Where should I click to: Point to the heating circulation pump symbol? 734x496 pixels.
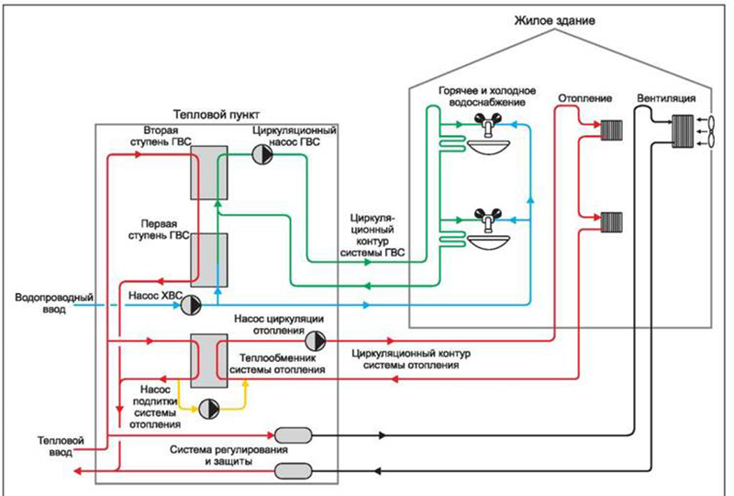point(315,341)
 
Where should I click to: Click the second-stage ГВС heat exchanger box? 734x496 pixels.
point(209,172)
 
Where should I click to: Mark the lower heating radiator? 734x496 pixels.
point(613,220)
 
